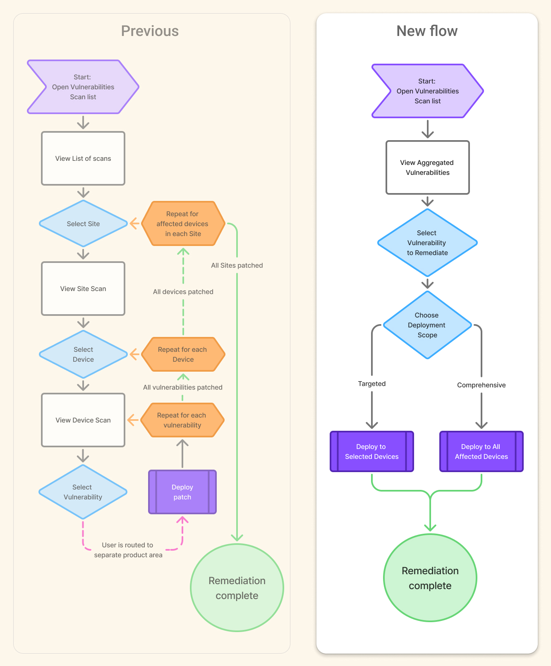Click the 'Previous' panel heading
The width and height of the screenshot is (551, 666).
[x=150, y=31]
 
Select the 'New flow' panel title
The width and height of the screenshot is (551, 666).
[x=427, y=31]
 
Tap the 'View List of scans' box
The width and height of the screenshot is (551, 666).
[x=83, y=158]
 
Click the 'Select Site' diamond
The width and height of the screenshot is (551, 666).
[x=83, y=224]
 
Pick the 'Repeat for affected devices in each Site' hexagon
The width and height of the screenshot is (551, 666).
[x=183, y=224]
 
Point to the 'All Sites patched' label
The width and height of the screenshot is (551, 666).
[x=237, y=265]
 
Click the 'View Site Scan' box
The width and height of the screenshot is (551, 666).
[x=83, y=289]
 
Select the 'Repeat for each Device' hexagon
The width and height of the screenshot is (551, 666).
[x=183, y=354]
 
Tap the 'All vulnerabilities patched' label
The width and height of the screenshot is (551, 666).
[x=182, y=387]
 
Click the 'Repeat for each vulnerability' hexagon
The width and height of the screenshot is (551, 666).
[x=182, y=420]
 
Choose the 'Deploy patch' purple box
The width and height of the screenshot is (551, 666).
[x=182, y=492]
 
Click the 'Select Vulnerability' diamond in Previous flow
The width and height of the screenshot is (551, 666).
[x=83, y=492]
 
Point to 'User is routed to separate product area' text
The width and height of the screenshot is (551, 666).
[x=128, y=550]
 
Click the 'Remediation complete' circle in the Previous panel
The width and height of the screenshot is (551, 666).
[x=237, y=587]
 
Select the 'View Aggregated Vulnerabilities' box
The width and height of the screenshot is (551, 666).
[x=427, y=167]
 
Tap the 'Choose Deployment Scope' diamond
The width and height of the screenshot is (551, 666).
[x=427, y=325]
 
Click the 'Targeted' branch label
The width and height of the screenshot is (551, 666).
[x=371, y=384]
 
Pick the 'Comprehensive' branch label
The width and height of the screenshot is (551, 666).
[x=481, y=385]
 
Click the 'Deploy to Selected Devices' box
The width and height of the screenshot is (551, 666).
[x=371, y=451]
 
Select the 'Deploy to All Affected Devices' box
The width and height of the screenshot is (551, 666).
[x=481, y=451]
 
